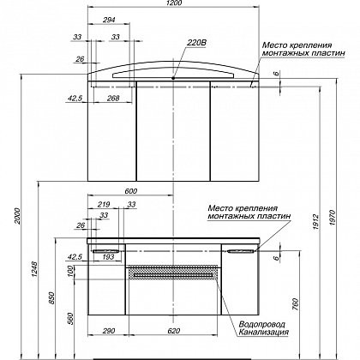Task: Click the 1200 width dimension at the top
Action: coord(173,3)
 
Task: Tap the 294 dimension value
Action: coord(109,20)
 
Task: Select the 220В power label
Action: coord(196,43)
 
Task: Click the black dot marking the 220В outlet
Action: coord(173,78)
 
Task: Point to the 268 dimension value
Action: coord(113,98)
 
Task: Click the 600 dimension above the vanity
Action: coord(130,191)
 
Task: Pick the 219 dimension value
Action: coord(104,205)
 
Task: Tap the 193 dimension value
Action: coord(108,257)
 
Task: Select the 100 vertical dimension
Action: coord(70,271)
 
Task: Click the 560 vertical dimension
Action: coord(70,319)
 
